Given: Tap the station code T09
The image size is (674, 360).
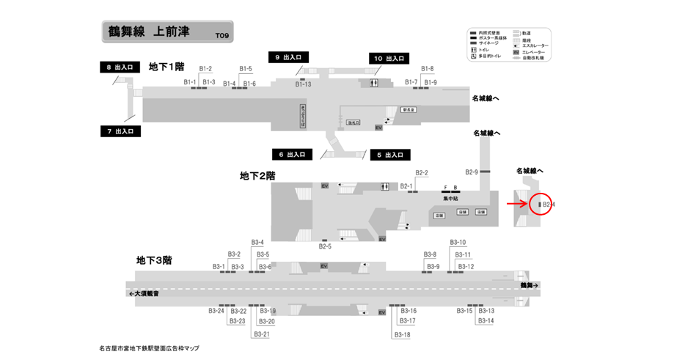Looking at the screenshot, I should (221, 35).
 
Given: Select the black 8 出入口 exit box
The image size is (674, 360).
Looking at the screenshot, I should (120, 67).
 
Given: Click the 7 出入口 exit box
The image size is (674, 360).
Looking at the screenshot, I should (120, 131).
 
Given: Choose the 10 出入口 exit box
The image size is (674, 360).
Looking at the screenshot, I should (389, 58).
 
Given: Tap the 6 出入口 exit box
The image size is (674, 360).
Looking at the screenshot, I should (292, 155).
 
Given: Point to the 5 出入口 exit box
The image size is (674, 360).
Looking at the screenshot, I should (389, 155).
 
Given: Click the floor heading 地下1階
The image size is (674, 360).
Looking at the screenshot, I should (166, 67).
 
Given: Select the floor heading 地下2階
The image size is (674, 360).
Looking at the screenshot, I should (257, 176).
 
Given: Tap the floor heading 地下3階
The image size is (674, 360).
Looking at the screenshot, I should (154, 260).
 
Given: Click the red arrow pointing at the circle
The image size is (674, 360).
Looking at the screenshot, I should (517, 205).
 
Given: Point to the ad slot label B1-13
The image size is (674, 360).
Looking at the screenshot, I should (303, 84).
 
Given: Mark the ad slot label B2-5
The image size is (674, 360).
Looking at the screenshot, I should (325, 246).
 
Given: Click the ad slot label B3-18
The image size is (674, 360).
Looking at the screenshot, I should (402, 334).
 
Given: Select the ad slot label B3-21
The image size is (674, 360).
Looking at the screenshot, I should (261, 334).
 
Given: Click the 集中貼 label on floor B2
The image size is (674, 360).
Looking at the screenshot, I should (450, 199).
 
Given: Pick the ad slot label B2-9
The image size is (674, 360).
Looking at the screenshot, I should (470, 172).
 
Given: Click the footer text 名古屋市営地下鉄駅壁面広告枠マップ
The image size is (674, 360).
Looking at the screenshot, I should (148, 348).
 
